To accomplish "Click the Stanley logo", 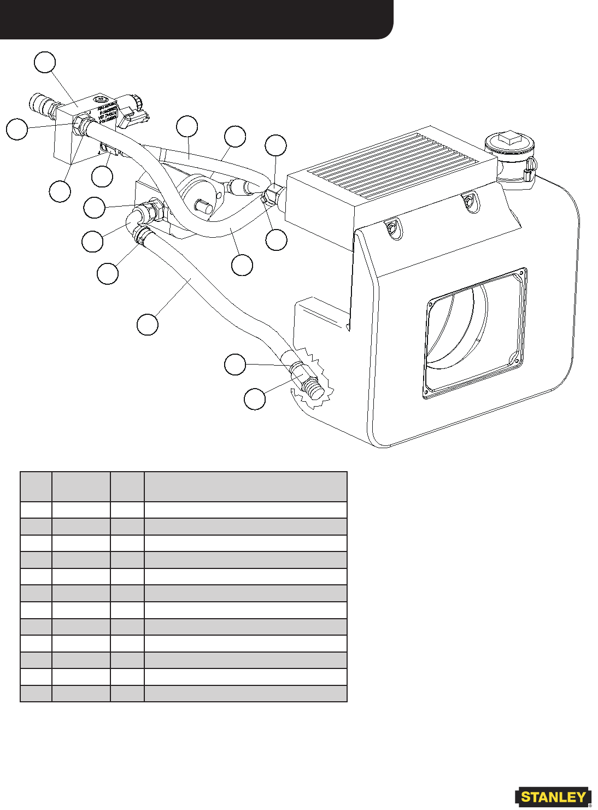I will tap(553, 797).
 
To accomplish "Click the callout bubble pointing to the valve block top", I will tap(45, 62).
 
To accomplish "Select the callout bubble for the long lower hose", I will tap(148, 324).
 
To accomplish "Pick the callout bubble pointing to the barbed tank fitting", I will tap(255, 399).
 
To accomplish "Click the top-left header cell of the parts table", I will tap(36, 486).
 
